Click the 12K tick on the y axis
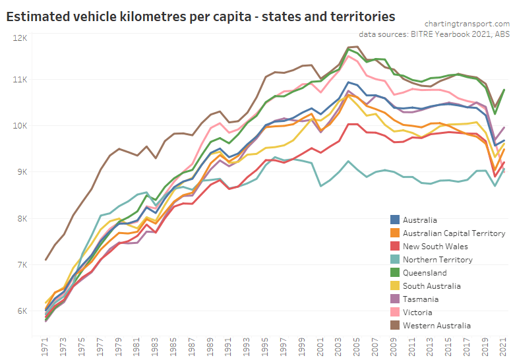pos(18,38)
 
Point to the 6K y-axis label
pos(20,311)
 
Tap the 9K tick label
pos(20,171)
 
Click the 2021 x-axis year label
pos(504,347)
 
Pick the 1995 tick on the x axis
pos(266,347)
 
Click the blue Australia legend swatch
pos(396,220)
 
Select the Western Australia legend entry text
pos(436,325)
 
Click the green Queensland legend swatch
pos(396,272)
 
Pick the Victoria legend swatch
pos(396,312)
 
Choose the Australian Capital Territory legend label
pos(453,233)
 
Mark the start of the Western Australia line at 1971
pos(45,260)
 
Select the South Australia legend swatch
pos(396,285)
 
